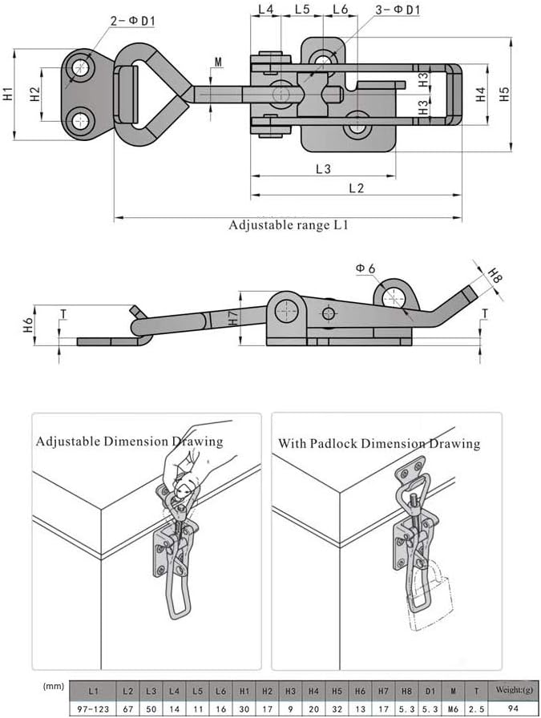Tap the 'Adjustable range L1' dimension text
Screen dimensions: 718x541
coord(289,225)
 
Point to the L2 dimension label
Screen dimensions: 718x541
coord(357,188)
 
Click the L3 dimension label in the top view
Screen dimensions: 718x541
coord(323,169)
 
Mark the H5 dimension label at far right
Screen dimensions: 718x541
coord(503,95)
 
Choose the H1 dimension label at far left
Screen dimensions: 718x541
coord(8,94)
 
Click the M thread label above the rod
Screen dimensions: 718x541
coord(220,62)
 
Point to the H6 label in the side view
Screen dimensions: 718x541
coord(28,325)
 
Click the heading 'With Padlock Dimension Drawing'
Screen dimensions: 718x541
coord(379,443)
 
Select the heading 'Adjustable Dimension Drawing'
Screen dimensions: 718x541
coord(129,442)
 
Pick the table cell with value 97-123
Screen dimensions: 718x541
coord(93,708)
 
